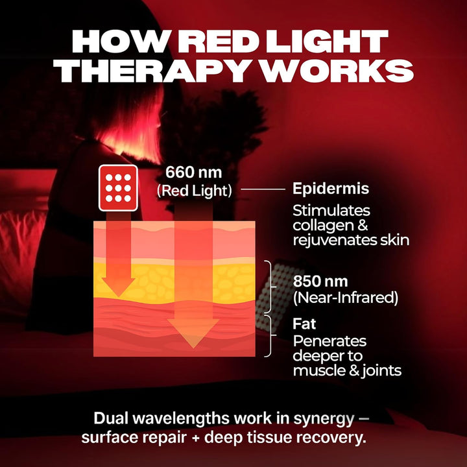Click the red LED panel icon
tap(117, 188)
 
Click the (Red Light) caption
tap(194, 191)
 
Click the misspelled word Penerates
tap(329, 341)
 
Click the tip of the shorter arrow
tap(119, 294)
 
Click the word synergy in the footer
tap(328, 417)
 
